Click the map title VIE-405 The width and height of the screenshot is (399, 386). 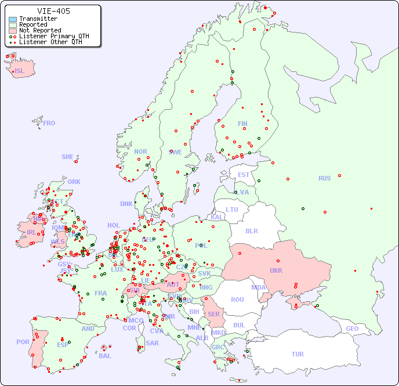54,11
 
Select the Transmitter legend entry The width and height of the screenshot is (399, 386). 38,19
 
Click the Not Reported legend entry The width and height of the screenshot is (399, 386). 39,30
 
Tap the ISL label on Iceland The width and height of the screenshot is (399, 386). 20,71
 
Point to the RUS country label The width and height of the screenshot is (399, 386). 324,178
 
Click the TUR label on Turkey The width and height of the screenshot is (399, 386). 298,354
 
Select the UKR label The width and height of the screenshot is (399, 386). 275,270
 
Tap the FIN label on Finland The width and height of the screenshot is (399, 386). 242,124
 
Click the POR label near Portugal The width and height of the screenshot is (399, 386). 23,342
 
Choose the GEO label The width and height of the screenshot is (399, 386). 352,329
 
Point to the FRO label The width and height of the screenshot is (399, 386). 49,123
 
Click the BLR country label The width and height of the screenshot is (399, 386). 252,230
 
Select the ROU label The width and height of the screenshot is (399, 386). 237,300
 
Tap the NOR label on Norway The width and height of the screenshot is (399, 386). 140,151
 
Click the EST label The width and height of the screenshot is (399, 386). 244,175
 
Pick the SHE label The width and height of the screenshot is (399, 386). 67,157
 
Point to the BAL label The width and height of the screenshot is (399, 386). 105,356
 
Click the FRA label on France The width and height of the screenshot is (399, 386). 101,293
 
